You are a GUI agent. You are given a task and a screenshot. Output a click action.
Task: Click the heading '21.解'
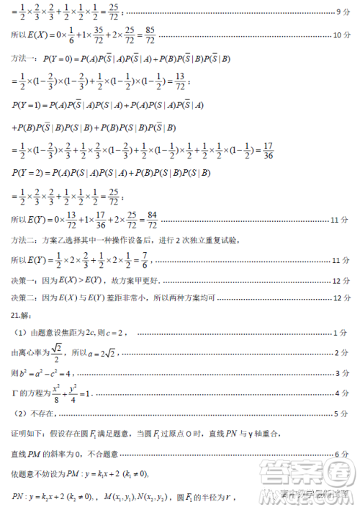19,314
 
